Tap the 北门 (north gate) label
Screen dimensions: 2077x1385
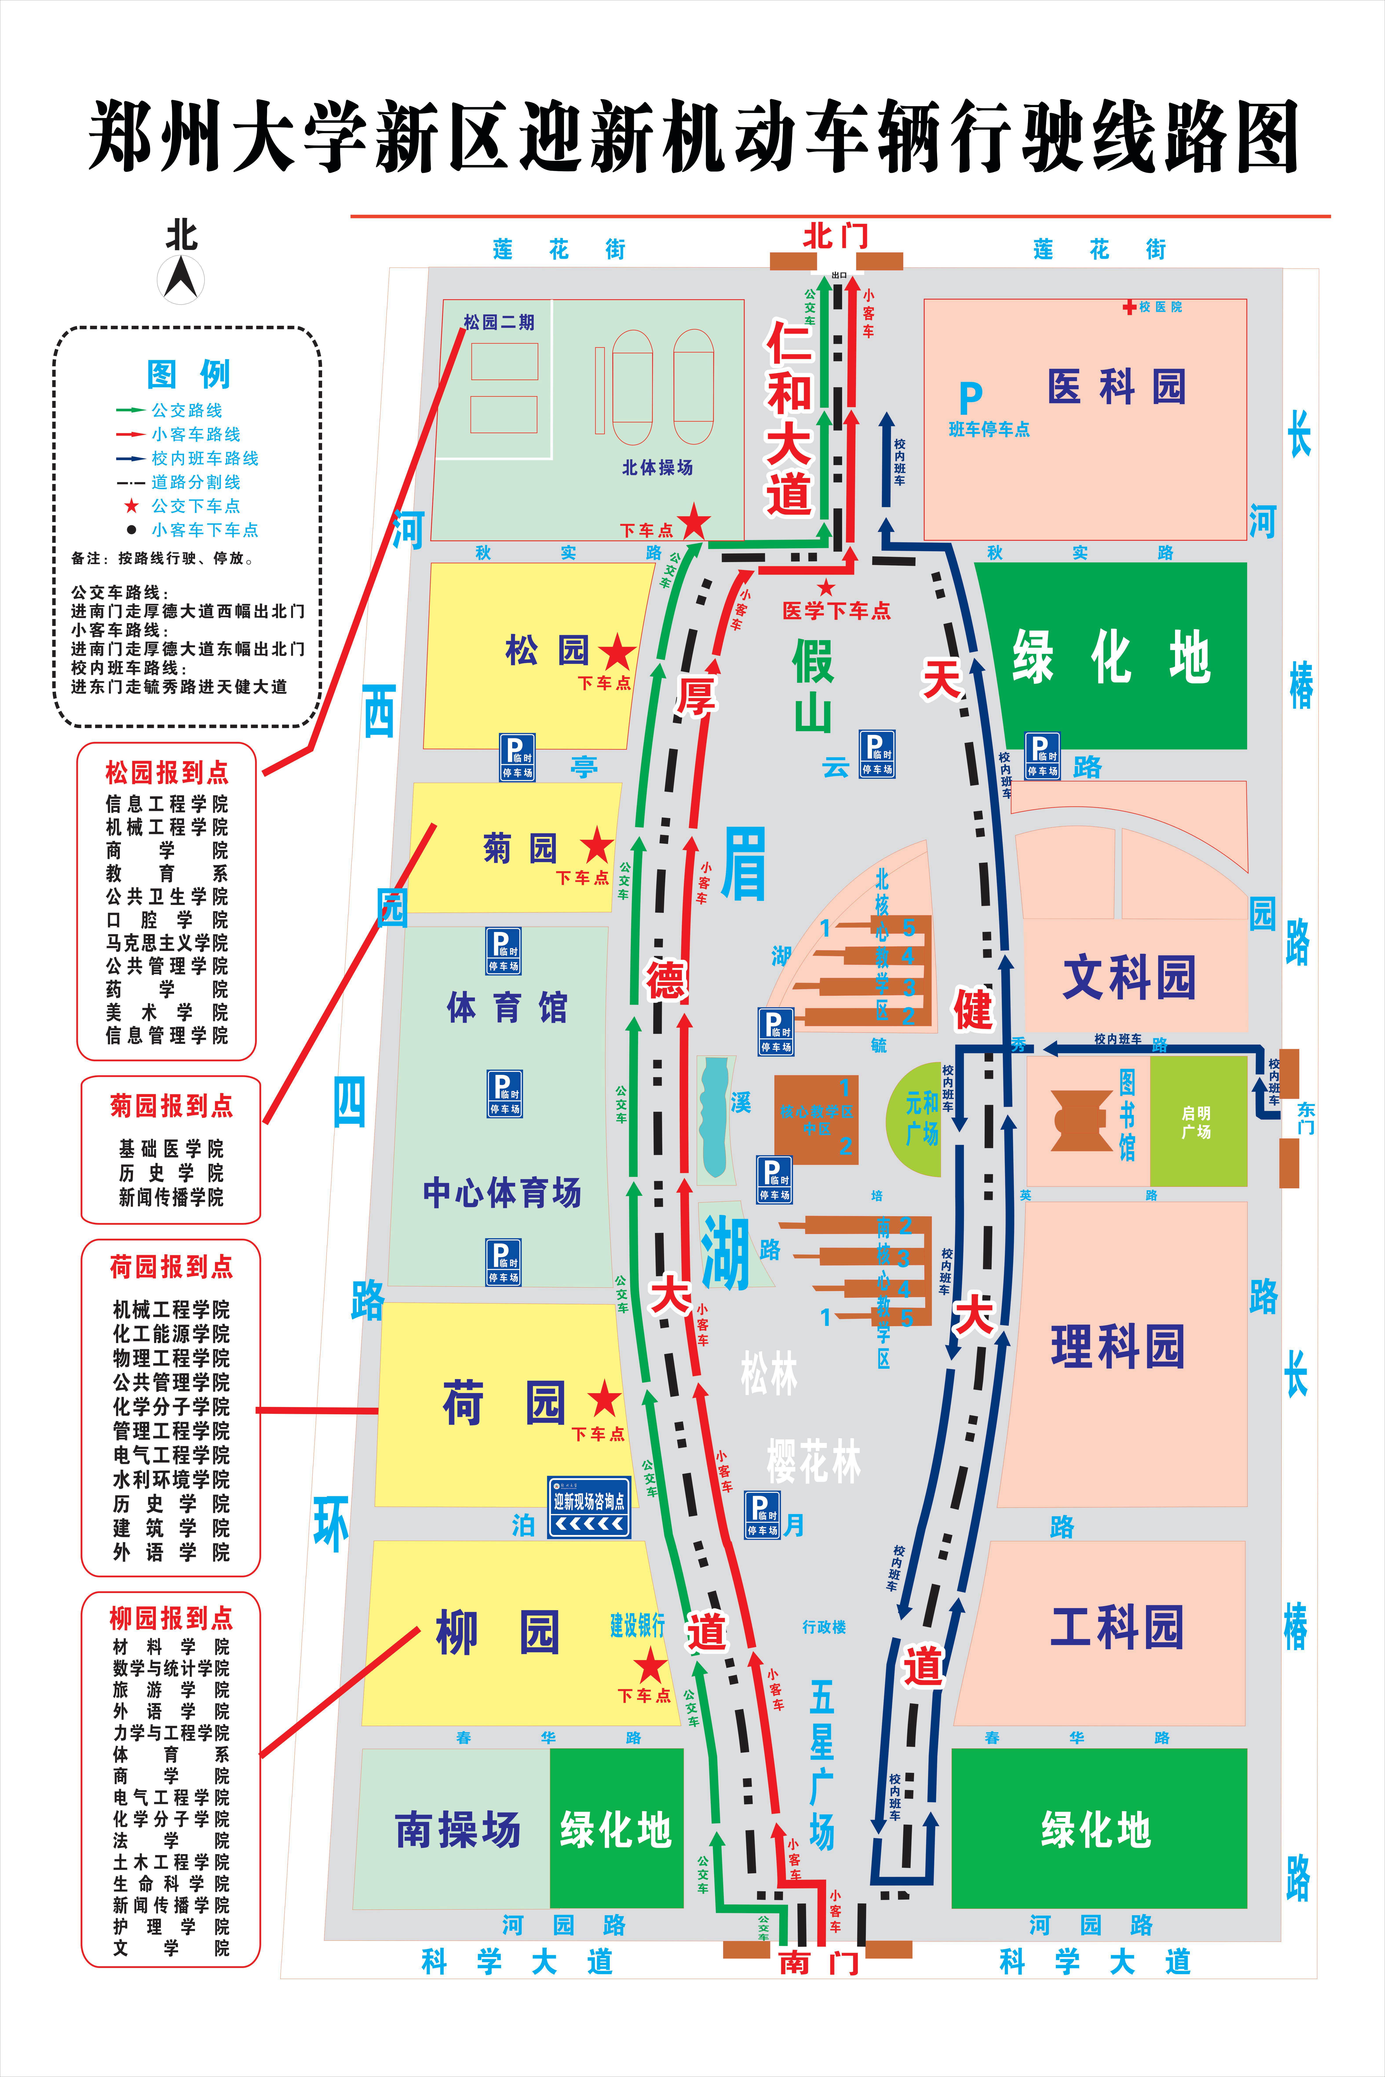pos(836,236)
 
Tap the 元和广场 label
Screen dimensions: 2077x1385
pos(921,1117)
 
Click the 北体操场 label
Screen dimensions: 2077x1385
pos(657,467)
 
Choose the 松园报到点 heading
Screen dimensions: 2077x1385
pos(167,773)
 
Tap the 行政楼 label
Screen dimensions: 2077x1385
pos(824,1627)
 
